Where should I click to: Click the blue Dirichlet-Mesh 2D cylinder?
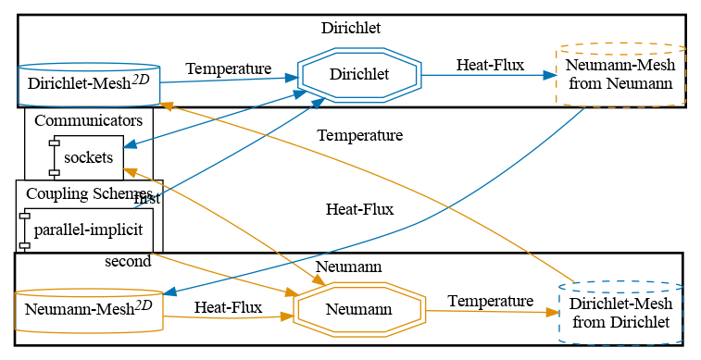[x=89, y=84]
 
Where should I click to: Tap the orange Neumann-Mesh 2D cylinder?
[x=89, y=308]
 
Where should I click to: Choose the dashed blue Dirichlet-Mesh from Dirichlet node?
[x=620, y=313]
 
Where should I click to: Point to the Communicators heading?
[x=88, y=120]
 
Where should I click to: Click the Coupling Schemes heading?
[x=88, y=192]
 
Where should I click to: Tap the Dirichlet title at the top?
[x=350, y=28]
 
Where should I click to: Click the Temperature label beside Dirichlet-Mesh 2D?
[x=228, y=68]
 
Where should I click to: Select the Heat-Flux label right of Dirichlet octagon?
[x=490, y=65]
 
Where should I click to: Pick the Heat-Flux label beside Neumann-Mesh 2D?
[x=227, y=306]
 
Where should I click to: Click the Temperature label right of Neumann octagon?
[x=490, y=301]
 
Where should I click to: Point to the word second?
[x=128, y=261]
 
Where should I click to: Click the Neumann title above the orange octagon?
[x=349, y=267]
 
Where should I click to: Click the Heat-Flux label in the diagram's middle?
[x=359, y=209]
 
